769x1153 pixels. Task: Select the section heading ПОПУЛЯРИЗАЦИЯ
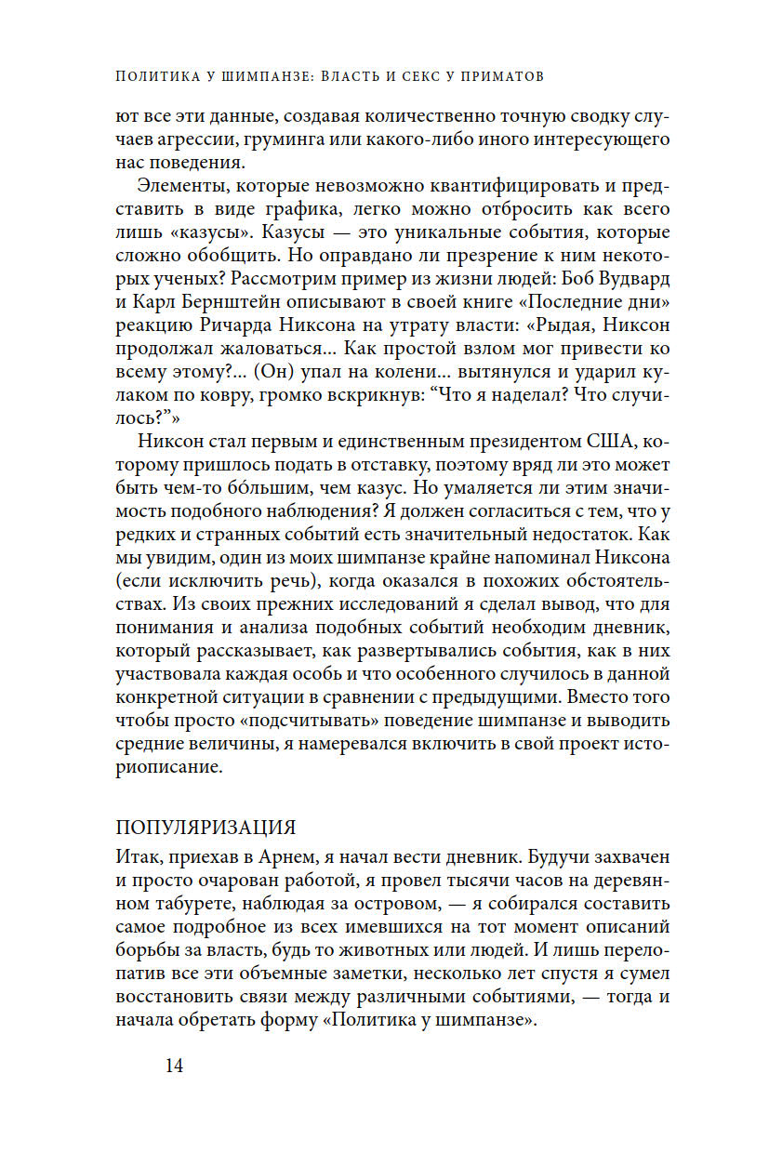(205, 828)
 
